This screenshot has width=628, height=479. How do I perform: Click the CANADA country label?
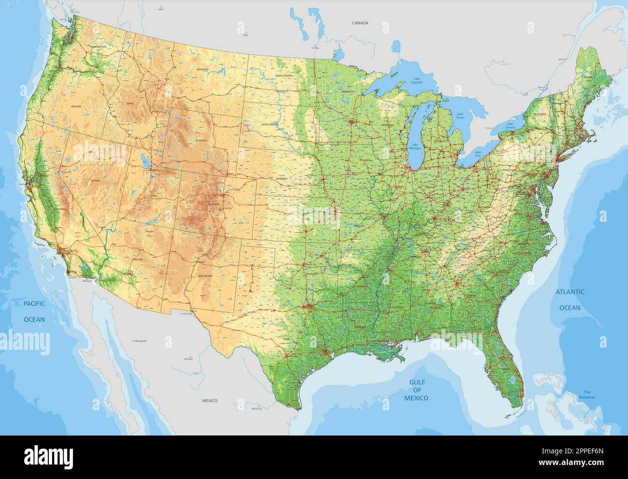pyautogui.click(x=360, y=23)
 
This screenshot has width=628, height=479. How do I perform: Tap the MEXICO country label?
pyautogui.click(x=210, y=401)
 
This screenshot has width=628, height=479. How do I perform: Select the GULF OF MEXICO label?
pyautogui.click(x=416, y=390)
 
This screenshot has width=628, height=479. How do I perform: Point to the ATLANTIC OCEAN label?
pyautogui.click(x=570, y=300)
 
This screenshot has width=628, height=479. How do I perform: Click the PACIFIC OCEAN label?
pyautogui.click(x=34, y=311)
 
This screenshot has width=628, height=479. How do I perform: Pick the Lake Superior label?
pyautogui.click(x=416, y=81)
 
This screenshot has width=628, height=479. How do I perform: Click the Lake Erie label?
pyautogui.click(x=478, y=154)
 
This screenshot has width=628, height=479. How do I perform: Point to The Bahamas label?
pyautogui.click(x=588, y=394)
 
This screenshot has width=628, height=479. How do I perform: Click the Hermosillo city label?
pyautogui.click(x=141, y=341)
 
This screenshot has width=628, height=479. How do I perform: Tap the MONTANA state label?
pyautogui.click(x=203, y=70)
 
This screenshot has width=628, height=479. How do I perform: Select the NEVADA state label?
pyautogui.click(x=95, y=180)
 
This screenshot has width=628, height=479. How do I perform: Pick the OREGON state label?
pyautogui.click(x=76, y=106)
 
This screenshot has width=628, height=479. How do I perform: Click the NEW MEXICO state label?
pyautogui.click(x=205, y=276)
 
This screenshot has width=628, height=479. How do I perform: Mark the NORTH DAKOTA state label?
pyautogui.click(x=284, y=76)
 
